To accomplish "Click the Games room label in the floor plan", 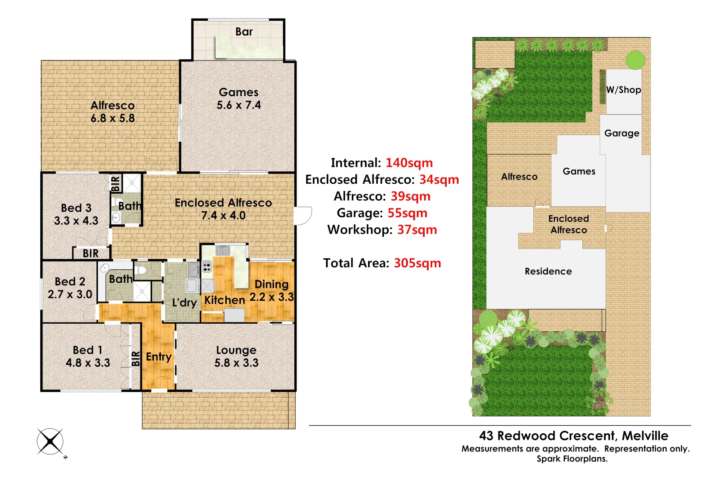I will (238, 92).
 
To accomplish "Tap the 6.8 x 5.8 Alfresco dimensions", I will (113, 118).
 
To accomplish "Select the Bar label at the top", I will (244, 32).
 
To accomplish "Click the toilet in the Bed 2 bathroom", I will (141, 270).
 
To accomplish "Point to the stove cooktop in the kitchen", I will (207, 266).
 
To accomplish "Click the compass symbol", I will (50, 441).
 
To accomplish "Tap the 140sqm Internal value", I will (409, 163).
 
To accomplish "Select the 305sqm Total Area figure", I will (417, 263).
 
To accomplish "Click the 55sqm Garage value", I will (407, 213).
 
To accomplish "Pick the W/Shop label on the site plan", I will (623, 90).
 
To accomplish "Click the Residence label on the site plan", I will (548, 272).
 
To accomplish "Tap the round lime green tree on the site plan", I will (635, 60).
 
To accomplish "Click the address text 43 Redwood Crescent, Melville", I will (574, 436).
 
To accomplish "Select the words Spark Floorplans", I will (572, 459).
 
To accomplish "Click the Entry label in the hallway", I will (159, 357).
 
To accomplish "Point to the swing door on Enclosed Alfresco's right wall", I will (303, 216).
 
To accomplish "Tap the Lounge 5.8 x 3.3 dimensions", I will (236, 363).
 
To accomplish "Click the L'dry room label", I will (184, 303).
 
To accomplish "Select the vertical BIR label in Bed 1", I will (136, 358).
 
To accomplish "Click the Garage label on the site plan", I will (621, 133).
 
